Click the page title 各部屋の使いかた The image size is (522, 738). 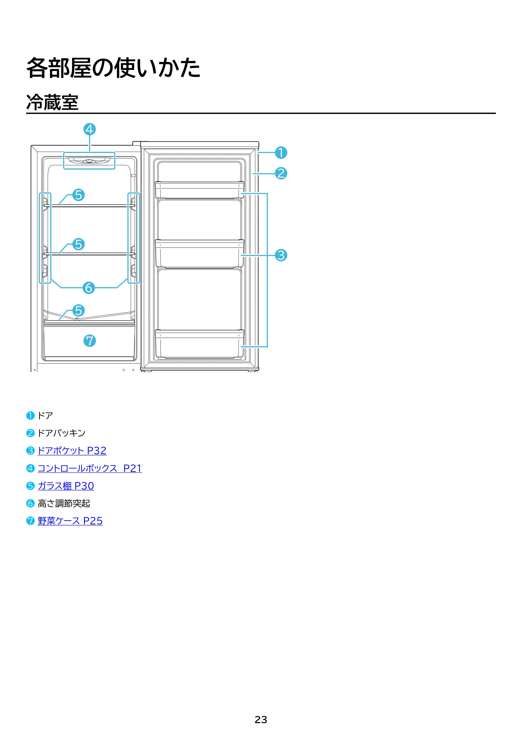click(113, 68)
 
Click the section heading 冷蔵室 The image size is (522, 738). click(52, 103)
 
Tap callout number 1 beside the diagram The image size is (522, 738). click(281, 153)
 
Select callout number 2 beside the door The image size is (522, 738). click(281, 173)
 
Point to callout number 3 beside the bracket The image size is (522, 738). click(281, 255)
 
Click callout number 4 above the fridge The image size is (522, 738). click(90, 129)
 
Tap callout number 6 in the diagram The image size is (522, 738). click(89, 288)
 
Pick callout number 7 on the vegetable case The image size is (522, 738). click(90, 341)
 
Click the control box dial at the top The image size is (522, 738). click(89, 161)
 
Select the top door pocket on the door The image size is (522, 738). click(199, 190)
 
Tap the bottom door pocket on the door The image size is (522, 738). click(199, 344)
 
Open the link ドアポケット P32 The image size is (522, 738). click(72, 451)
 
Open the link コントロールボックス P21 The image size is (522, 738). click(90, 468)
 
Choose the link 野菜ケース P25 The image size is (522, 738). click(70, 521)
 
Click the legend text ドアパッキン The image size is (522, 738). click(61, 433)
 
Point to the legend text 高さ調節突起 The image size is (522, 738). click(64, 503)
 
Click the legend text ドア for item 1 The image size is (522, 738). click(45, 416)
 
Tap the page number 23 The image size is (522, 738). click(261, 720)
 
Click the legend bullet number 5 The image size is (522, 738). click(30, 486)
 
